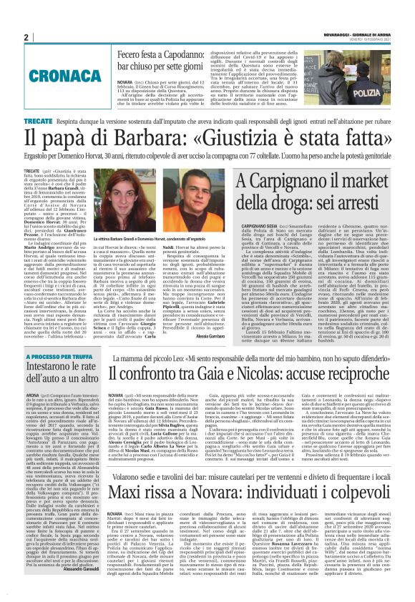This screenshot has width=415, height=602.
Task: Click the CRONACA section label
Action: pos(52,74)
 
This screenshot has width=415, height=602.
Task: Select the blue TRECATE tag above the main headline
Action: pos(38,123)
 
